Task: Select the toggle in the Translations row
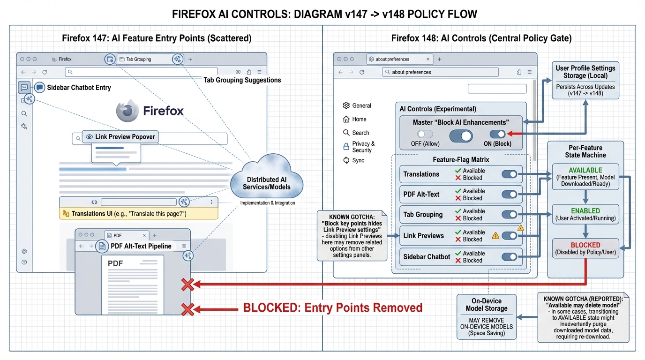click(x=509, y=174)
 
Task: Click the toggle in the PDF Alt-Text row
click(x=509, y=194)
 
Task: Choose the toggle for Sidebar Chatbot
click(x=509, y=256)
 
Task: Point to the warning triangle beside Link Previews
click(x=495, y=236)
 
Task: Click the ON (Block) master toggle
click(x=498, y=134)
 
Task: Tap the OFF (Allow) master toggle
click(x=425, y=134)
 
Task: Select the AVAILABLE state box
click(x=585, y=177)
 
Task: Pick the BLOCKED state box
click(x=585, y=248)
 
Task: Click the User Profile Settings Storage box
click(x=585, y=80)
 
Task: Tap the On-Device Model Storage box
click(x=487, y=317)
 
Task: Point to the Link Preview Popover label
click(x=120, y=137)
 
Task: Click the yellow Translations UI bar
click(x=139, y=214)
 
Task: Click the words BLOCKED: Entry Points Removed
click(x=332, y=308)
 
